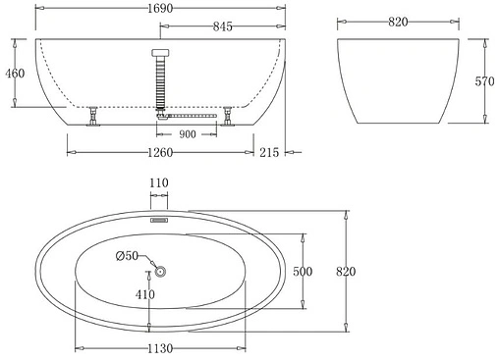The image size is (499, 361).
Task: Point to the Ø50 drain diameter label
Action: click(127, 256)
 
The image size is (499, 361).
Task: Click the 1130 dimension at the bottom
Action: click(162, 349)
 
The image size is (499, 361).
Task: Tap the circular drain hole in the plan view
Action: click(161, 272)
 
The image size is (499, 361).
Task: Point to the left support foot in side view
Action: click(93, 117)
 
